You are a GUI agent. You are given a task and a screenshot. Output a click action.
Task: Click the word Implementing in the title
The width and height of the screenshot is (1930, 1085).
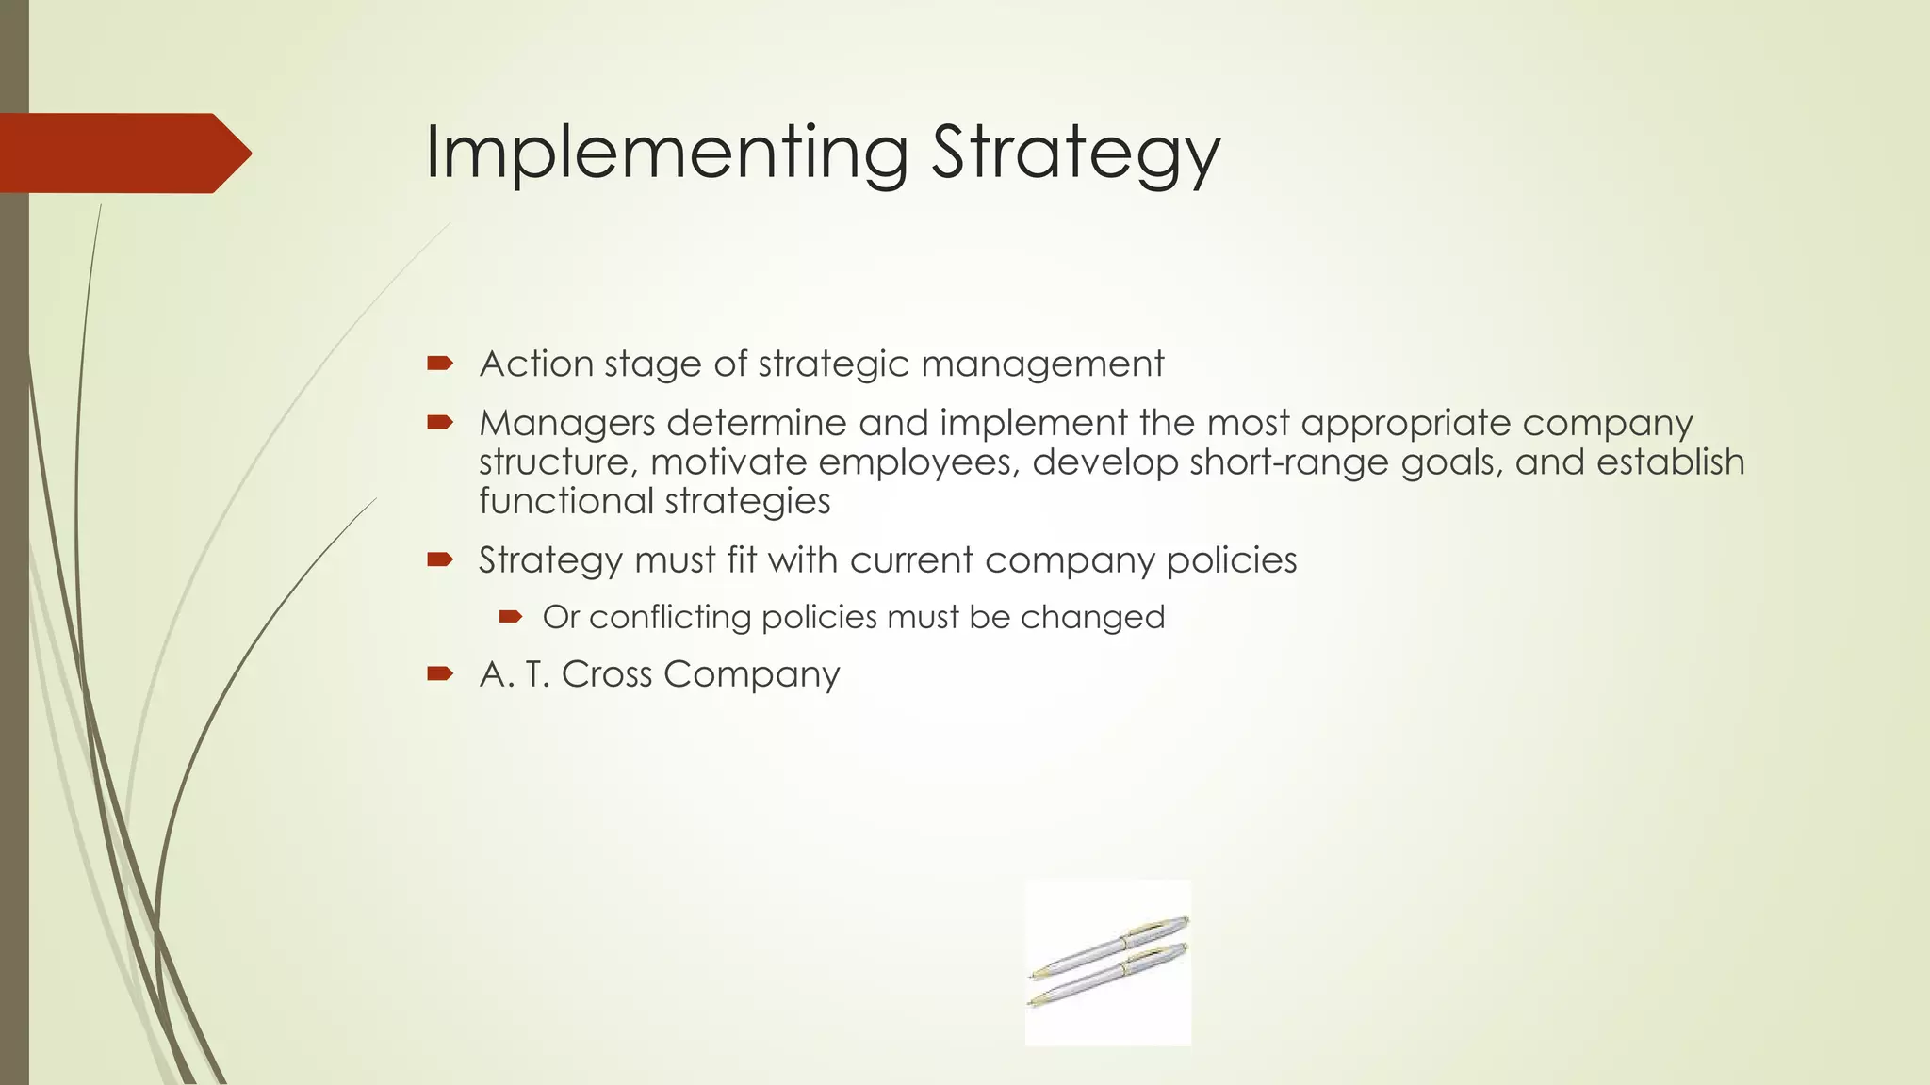(665, 153)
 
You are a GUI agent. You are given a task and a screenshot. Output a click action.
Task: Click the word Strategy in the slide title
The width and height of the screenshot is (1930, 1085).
(1075, 153)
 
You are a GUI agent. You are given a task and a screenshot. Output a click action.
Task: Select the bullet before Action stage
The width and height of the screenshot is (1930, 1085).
(440, 364)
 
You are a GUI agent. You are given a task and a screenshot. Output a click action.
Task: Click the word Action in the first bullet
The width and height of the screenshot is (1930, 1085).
(535, 364)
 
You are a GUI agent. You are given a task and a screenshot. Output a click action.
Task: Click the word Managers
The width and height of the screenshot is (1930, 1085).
(566, 424)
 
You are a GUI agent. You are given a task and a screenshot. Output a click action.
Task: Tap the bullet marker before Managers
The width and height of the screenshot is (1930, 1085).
(440, 423)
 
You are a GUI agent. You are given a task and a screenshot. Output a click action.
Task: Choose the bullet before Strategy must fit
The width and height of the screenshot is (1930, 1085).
(440, 560)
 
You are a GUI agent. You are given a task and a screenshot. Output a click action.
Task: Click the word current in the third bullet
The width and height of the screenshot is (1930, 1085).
(910, 560)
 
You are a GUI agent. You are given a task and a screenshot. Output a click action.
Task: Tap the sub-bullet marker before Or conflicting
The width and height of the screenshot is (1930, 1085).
(511, 617)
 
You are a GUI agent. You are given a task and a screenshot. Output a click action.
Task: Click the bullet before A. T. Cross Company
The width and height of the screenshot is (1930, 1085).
(440, 673)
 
